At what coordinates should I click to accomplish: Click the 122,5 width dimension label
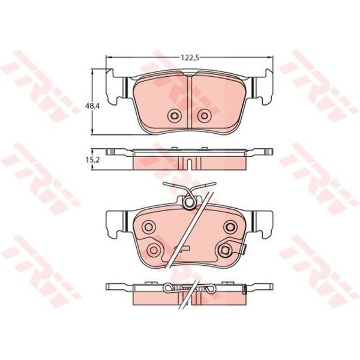190,58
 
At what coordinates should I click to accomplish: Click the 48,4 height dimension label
90,106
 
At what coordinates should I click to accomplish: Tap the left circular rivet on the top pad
174,116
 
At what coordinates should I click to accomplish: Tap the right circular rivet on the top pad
204,116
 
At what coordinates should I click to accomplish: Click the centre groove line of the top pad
188,102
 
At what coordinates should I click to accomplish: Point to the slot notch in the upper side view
190,164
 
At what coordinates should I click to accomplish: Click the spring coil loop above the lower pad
190,202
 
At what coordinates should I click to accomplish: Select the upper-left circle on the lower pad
148,227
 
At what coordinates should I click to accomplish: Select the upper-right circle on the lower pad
230,227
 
